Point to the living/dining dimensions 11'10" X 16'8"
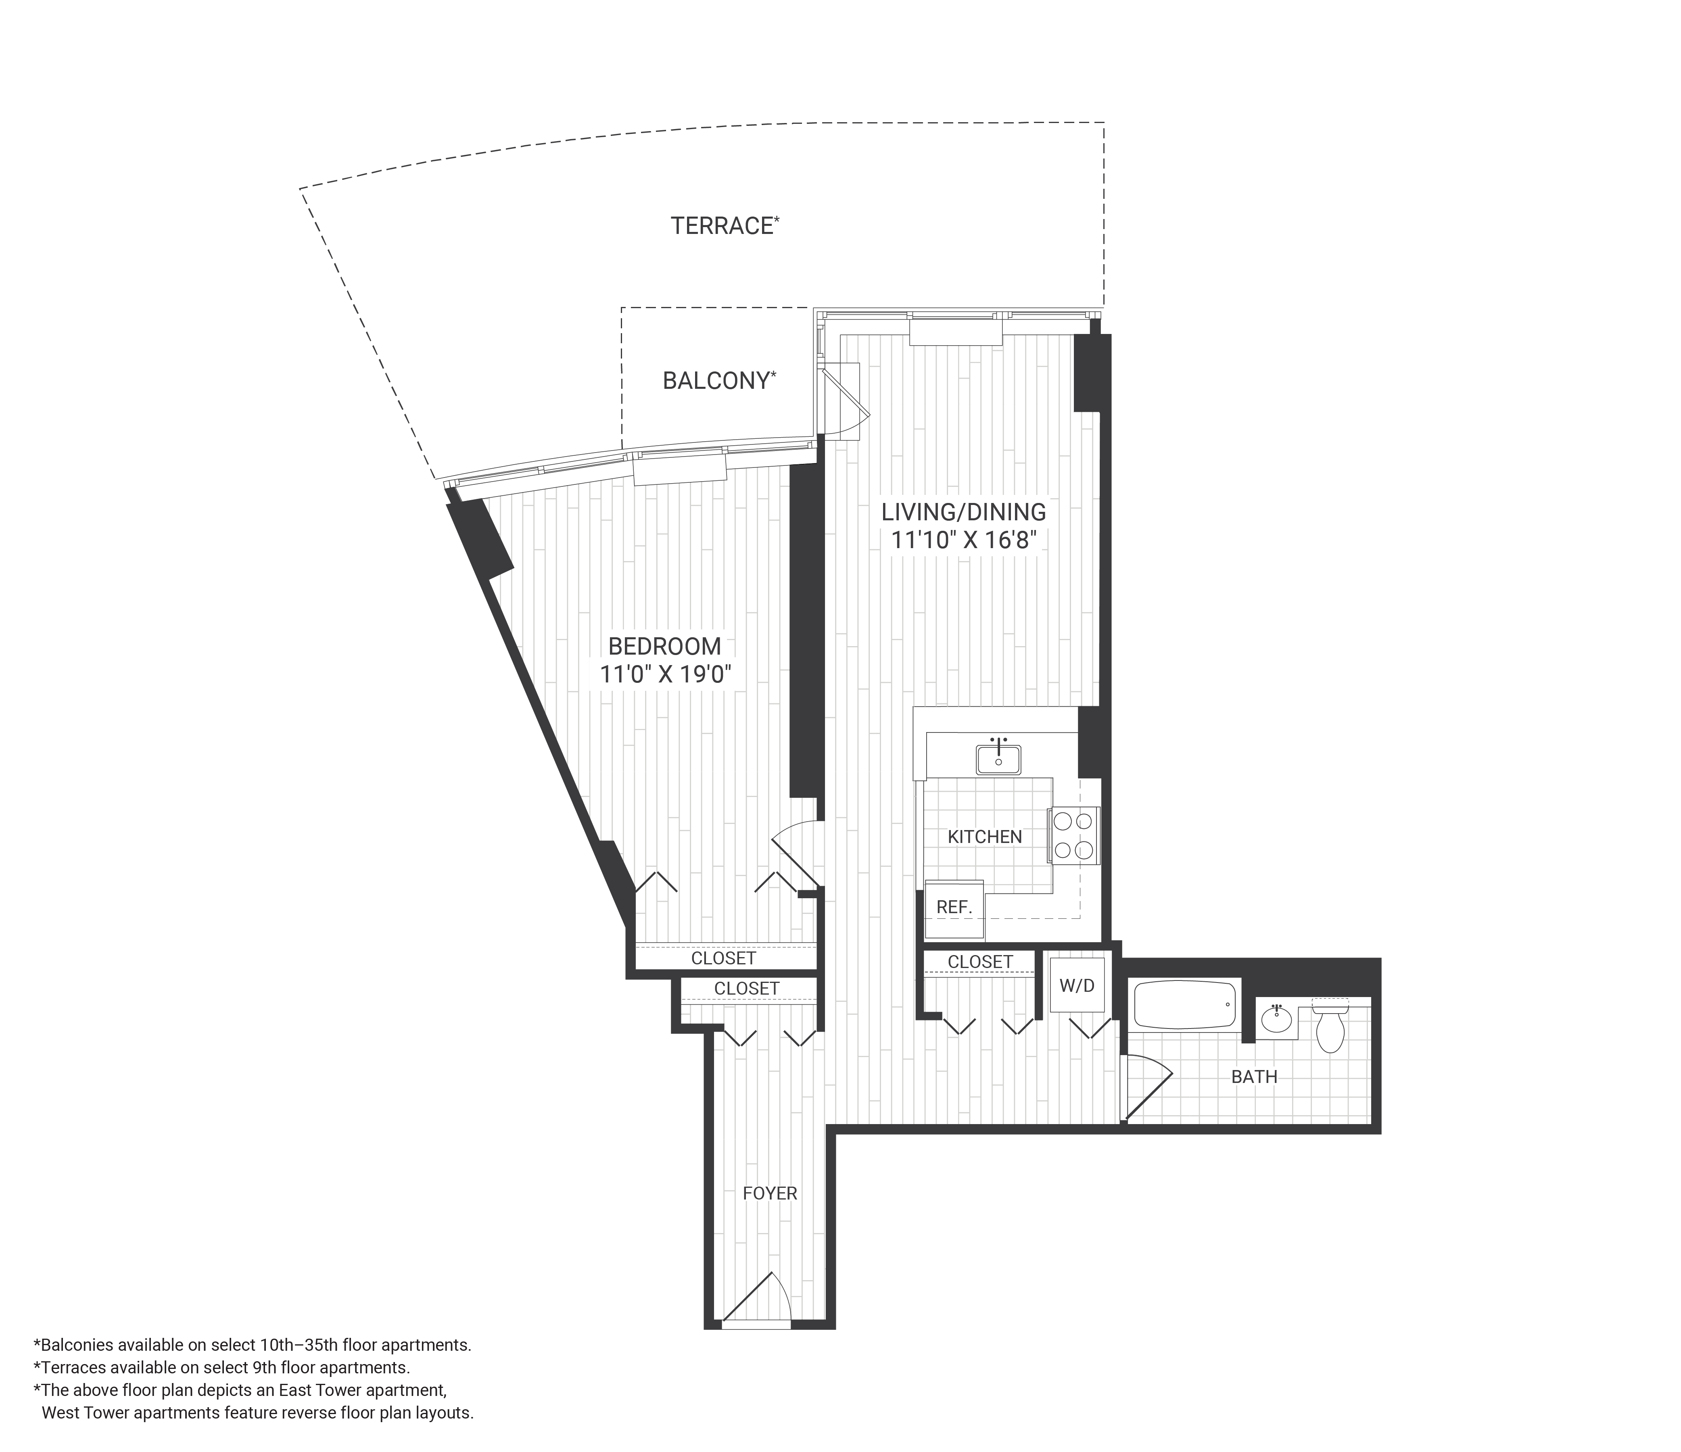click(x=964, y=540)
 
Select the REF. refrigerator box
click(x=954, y=908)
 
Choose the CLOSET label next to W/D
click(x=980, y=962)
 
